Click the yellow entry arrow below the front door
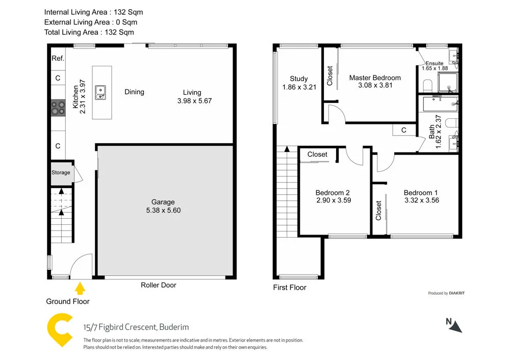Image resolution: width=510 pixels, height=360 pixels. [x=80, y=289]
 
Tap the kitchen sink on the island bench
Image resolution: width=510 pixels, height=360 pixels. [x=101, y=92]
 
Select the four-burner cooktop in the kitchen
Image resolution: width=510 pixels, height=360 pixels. [x=58, y=108]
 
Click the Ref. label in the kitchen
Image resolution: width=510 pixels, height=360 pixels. [x=58, y=59]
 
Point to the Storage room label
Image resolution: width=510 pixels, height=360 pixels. [x=61, y=173]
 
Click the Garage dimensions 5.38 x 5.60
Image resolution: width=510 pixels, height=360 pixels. [x=163, y=210]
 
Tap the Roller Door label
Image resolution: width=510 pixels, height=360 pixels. [x=158, y=285]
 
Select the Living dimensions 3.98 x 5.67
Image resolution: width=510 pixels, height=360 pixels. [x=194, y=101]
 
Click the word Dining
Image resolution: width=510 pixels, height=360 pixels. [x=134, y=92]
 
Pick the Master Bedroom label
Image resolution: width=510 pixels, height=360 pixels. [x=375, y=78]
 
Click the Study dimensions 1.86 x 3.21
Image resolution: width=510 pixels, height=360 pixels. [x=299, y=87]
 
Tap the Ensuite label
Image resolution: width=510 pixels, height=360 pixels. [x=435, y=63]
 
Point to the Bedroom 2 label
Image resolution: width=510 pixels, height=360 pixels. [x=333, y=193]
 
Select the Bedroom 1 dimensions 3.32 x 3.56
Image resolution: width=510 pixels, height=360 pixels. [x=421, y=200]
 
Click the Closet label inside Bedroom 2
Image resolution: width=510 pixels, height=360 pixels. [x=317, y=155]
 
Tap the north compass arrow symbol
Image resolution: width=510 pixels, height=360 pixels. [x=455, y=326]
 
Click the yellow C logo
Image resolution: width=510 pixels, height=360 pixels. [x=60, y=330]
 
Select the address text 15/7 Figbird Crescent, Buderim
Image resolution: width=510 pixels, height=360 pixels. [x=136, y=327]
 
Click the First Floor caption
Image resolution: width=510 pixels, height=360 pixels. [x=290, y=288]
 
